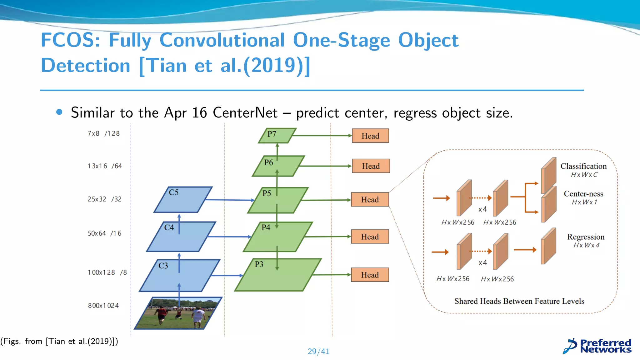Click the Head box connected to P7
(x=370, y=136)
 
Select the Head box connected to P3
(x=370, y=275)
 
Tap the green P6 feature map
(x=278, y=166)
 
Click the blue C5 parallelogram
(x=183, y=200)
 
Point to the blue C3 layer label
(x=163, y=266)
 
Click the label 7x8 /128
(x=103, y=133)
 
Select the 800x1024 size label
(x=103, y=305)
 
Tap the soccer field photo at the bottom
(x=178, y=313)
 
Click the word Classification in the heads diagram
(x=583, y=166)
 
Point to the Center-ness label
(x=583, y=193)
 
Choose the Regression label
(x=586, y=237)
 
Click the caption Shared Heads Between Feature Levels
(x=519, y=301)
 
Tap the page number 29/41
(x=318, y=351)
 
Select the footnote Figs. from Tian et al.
(x=59, y=341)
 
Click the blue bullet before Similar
(x=59, y=112)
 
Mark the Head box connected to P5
(x=370, y=199)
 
